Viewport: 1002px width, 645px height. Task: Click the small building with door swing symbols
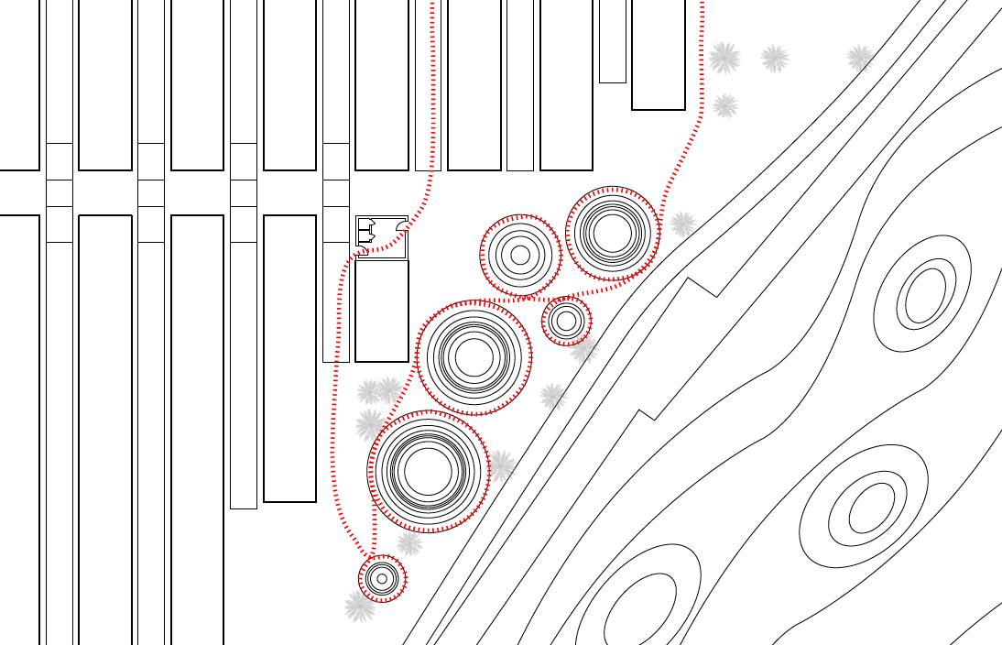pos(381,235)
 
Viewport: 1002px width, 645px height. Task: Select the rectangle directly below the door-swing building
pos(381,311)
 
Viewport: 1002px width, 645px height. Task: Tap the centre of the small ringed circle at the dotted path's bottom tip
pos(382,578)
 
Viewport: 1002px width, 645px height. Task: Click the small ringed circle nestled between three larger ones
pos(566,321)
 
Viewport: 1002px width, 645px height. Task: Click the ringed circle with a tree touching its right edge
pos(428,471)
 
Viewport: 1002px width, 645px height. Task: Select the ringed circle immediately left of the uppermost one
pos(520,256)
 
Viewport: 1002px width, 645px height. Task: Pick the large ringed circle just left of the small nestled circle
pos(474,356)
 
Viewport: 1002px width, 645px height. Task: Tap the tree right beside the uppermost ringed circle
pos(682,224)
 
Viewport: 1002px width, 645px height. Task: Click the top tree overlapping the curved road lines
pos(860,59)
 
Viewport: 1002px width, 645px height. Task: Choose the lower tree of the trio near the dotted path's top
pos(725,105)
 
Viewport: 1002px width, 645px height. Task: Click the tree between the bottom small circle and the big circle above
pos(409,543)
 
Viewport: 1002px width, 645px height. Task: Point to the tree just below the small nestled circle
pos(583,349)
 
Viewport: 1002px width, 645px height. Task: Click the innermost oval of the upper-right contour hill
pos(925,295)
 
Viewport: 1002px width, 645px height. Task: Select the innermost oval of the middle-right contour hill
pos(871,508)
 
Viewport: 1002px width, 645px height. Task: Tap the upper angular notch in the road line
pos(702,287)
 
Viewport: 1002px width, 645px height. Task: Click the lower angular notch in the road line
pos(646,416)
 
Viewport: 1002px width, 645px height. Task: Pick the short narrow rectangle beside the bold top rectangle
pos(612,41)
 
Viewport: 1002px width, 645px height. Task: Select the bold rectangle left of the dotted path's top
pos(658,55)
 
